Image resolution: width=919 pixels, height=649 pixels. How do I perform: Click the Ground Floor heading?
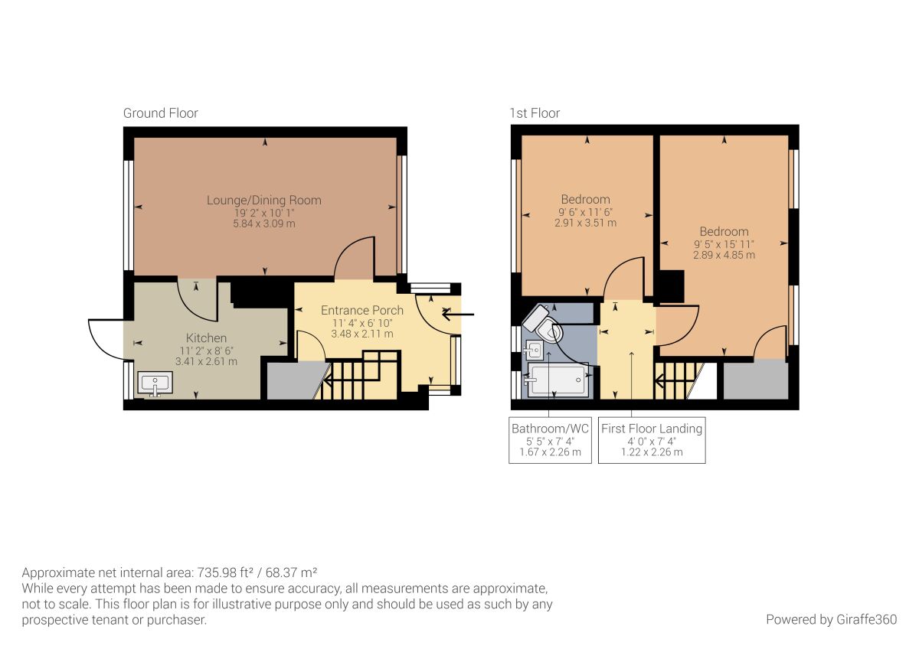click(x=160, y=113)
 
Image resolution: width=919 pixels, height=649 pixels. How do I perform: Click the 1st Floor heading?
click(x=535, y=113)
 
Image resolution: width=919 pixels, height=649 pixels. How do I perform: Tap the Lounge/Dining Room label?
click(x=263, y=201)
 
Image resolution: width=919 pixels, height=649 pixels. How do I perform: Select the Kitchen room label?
click(x=206, y=338)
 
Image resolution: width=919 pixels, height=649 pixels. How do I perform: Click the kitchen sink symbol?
click(x=155, y=383)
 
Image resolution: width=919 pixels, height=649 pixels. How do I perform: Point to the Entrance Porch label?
click(x=361, y=310)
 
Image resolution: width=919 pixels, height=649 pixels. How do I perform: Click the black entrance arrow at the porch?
click(x=459, y=313)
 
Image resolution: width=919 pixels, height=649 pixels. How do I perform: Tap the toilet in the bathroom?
click(x=545, y=325)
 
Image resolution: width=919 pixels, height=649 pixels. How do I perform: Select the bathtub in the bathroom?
click(x=558, y=380)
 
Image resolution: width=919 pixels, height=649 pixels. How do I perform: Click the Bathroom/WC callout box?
click(x=550, y=440)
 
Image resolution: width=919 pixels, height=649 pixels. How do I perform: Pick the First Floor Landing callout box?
click(x=652, y=440)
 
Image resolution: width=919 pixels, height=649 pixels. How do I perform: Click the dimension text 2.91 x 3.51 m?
click(x=585, y=223)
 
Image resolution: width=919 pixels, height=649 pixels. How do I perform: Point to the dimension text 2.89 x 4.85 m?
click(x=724, y=255)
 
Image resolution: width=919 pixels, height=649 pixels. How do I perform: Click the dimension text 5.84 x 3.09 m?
click(x=263, y=224)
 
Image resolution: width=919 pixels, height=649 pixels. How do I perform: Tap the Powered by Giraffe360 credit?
click(x=831, y=619)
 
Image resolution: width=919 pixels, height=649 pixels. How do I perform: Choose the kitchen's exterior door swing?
click(x=106, y=339)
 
